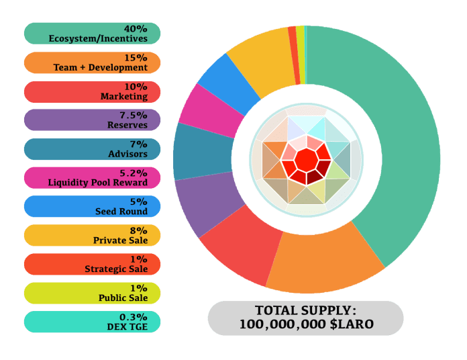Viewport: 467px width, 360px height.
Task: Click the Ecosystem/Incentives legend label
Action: tap(92, 34)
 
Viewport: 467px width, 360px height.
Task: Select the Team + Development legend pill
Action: tap(92, 62)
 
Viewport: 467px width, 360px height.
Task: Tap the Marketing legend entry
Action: tap(92, 91)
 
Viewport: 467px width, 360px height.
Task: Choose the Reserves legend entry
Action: tap(92, 120)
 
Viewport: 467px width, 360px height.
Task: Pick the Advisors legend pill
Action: tap(92, 149)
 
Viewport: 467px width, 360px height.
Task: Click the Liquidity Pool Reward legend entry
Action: tap(92, 177)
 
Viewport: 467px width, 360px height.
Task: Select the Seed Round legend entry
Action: tap(92, 206)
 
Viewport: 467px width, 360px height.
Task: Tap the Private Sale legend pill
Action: tap(92, 235)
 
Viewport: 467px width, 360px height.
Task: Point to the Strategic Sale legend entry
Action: tap(92, 264)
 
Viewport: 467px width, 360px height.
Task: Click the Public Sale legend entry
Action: tap(92, 293)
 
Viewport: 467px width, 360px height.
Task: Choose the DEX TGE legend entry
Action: tap(92, 322)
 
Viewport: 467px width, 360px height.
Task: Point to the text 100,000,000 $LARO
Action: tap(305, 324)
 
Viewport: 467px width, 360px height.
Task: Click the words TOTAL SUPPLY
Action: tap(305, 311)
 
